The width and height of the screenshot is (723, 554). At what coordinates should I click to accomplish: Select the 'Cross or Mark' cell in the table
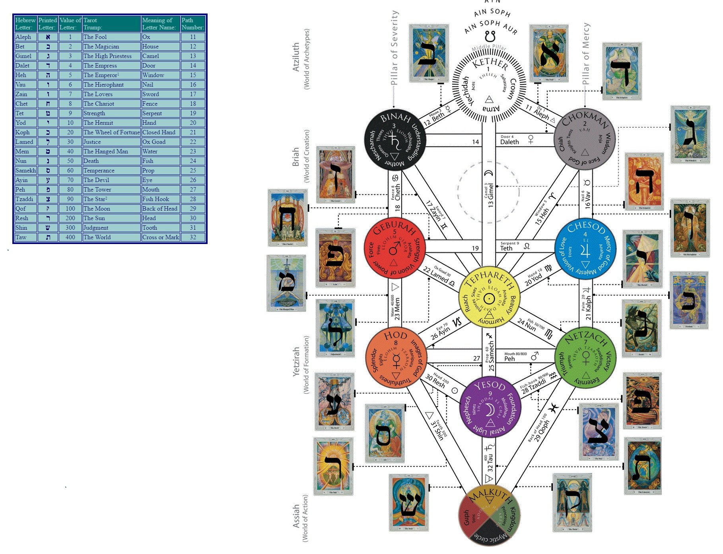tap(161, 237)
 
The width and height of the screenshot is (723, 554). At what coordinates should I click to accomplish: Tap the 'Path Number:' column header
tap(193, 24)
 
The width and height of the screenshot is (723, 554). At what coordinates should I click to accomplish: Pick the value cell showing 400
tap(70, 237)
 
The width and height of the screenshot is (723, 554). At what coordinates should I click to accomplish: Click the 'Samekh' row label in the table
tap(25, 170)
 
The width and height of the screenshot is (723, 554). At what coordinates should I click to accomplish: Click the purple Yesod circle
tap(490, 407)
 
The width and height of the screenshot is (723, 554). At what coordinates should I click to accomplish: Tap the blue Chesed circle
tap(585, 248)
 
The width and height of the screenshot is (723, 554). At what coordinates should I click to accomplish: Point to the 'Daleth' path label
tap(509, 142)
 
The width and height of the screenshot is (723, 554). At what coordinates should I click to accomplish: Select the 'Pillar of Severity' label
tap(394, 48)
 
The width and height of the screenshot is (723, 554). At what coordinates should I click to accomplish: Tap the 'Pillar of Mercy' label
tap(586, 54)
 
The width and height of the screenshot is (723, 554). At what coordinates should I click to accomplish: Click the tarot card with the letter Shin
tap(409, 503)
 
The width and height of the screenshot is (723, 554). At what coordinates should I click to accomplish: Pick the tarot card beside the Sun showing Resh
tap(333, 466)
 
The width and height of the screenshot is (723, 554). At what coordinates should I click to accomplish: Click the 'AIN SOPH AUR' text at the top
tap(491, 27)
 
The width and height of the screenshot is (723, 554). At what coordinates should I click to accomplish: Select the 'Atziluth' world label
tap(296, 57)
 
